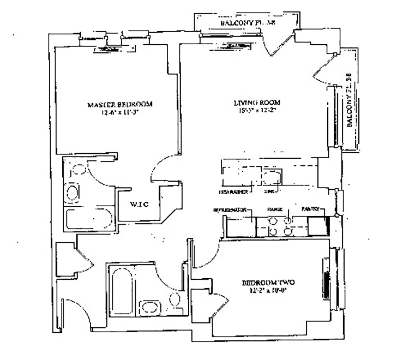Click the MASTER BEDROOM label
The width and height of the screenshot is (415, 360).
(119, 104)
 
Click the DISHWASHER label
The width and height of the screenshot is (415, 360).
(234, 192)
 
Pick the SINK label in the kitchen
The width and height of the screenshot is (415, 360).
(268, 192)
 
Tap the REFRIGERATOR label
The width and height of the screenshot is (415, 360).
(231, 209)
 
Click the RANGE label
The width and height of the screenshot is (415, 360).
(272, 209)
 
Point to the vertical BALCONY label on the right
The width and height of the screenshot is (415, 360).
(351, 102)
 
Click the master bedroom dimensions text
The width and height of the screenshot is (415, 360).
(119, 114)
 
